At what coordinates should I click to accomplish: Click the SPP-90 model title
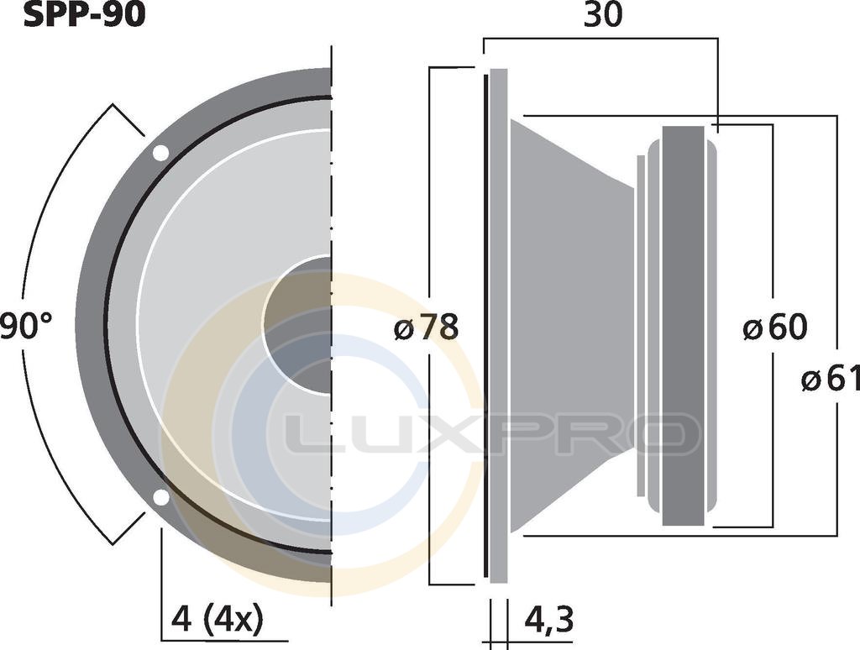tap(85, 15)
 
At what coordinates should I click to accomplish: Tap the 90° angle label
tap(26, 327)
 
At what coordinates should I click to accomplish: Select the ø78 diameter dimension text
tap(426, 328)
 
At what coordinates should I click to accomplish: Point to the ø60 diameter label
tap(775, 328)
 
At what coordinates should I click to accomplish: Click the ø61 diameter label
tap(831, 380)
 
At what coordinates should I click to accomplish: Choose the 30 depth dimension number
tap(603, 15)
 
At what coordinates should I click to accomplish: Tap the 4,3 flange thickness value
tap(549, 620)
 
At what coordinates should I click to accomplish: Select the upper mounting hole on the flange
tap(160, 153)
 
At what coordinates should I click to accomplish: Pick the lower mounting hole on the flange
tap(160, 497)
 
